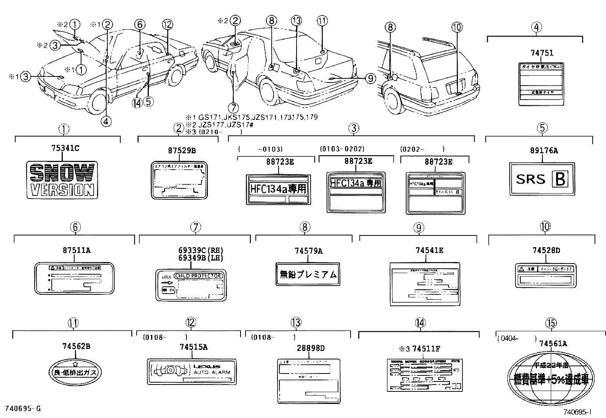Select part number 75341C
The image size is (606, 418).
coord(65,148)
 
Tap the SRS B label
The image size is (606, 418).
coord(542,179)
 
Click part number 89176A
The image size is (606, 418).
coord(544,151)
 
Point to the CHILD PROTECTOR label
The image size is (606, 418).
coord(191,285)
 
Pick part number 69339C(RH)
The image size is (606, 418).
coord(195,251)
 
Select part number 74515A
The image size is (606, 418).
coord(193,347)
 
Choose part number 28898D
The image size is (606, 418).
coord(311,348)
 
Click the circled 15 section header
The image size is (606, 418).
coord(551,323)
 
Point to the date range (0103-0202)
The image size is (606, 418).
coord(342,149)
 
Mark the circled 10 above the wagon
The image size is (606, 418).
coord(457,27)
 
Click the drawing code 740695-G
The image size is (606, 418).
coord(22,409)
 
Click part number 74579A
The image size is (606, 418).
coord(308,251)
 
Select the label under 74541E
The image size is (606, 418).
coord(425,284)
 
